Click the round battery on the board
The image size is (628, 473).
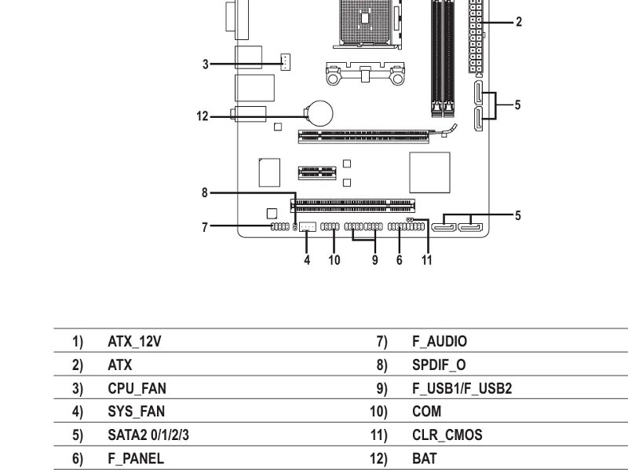tap(320, 113)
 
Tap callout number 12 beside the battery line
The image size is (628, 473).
tap(203, 116)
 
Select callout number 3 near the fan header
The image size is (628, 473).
tap(206, 64)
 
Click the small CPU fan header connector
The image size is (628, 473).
tap(285, 62)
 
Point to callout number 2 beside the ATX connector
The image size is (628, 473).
tap(519, 22)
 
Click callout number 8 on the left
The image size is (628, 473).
tap(205, 192)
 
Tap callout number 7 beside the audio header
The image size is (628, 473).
tap(205, 227)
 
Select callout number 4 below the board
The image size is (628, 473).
tap(307, 260)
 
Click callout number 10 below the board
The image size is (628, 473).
tap(334, 260)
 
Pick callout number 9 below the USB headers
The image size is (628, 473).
tap(375, 260)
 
